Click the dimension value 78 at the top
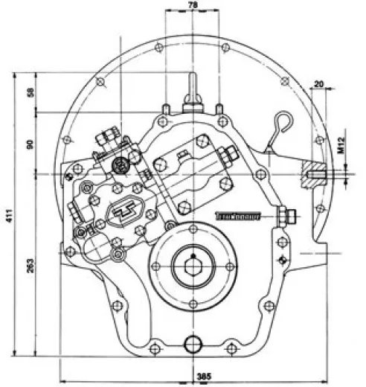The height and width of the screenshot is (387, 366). [193, 6]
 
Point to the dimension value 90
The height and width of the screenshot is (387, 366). [30, 144]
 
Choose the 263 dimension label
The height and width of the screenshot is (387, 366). [30, 266]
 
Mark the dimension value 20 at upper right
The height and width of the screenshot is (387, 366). [319, 84]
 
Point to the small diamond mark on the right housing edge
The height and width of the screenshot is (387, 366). [280, 258]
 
